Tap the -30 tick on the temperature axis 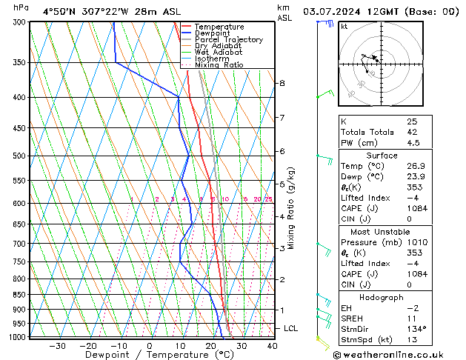click(x=57, y=345)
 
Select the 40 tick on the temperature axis click(x=272, y=345)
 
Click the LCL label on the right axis click(x=291, y=328)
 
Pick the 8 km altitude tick click(x=282, y=84)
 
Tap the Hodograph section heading click(x=382, y=297)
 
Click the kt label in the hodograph click(x=344, y=26)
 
